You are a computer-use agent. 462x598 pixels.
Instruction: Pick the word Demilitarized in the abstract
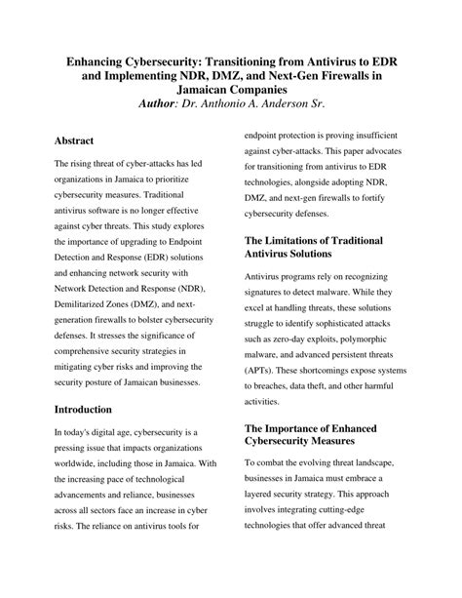(x=85, y=304)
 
